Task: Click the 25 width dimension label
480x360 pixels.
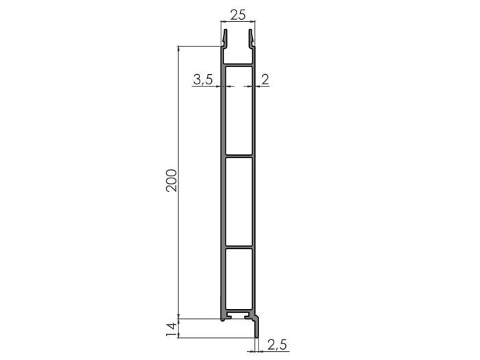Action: tap(238, 14)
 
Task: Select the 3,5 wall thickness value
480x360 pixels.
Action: tap(202, 80)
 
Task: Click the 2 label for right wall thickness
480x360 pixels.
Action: tap(265, 80)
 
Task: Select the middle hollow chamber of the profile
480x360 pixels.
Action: tap(238, 201)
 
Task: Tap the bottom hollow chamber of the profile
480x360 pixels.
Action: tap(238, 280)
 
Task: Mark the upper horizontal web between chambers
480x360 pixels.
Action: tap(238, 157)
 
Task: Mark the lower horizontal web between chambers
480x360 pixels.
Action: tap(238, 245)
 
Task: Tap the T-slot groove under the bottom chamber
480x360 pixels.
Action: tap(239, 317)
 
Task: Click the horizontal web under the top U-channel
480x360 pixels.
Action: tap(239, 64)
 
